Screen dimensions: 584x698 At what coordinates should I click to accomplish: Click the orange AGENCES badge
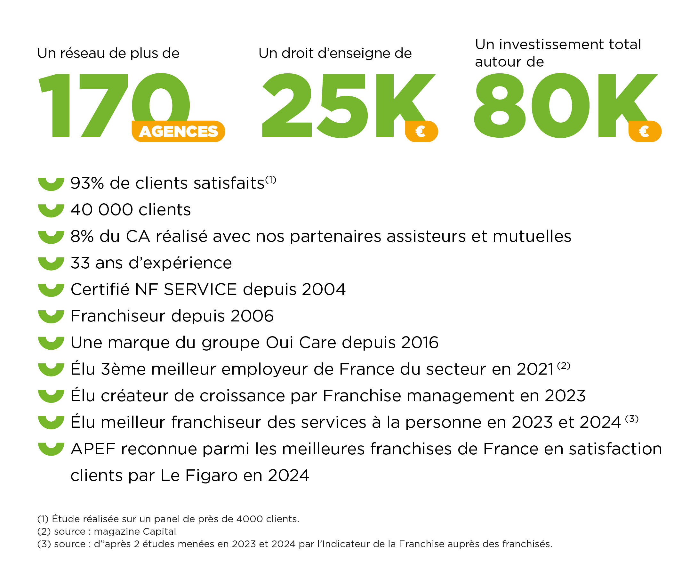point(178,131)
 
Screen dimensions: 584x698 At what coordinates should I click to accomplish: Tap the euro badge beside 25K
point(421,131)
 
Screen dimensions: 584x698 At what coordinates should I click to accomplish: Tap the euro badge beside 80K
point(645,131)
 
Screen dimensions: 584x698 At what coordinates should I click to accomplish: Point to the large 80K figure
point(565,105)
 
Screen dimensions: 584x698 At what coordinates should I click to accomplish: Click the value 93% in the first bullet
point(87,183)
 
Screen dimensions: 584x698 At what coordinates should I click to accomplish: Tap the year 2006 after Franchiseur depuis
point(252,316)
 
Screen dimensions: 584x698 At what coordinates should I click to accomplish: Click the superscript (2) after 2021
point(564,366)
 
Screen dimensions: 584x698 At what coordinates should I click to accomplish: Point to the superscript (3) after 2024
point(631,419)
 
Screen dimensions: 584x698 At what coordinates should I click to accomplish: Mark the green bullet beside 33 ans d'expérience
point(51,264)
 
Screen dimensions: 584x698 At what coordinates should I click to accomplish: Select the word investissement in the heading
point(551,45)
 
